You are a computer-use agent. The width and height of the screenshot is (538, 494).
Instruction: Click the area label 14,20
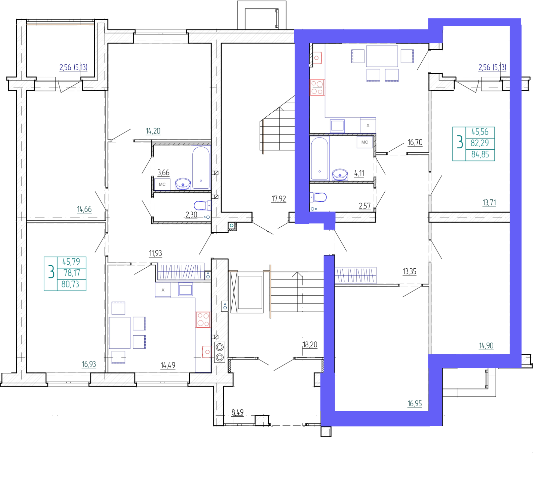point(153,131)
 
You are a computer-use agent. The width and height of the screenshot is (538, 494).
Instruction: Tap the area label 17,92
point(279,199)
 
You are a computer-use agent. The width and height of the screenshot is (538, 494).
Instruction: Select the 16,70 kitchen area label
point(415,142)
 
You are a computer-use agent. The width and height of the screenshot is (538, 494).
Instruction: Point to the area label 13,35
point(410,271)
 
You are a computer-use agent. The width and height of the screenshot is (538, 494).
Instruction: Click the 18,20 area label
point(310,345)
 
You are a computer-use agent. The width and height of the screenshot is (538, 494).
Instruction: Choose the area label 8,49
point(237,412)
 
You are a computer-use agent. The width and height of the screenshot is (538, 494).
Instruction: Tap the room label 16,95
point(415,404)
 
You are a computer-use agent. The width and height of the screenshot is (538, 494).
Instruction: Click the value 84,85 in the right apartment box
point(480,155)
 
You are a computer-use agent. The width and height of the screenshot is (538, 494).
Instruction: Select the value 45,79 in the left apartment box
point(71,262)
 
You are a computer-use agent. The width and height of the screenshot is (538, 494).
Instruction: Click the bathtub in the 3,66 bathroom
point(201,167)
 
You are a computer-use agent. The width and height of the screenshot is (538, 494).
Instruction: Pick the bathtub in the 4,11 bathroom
point(319,158)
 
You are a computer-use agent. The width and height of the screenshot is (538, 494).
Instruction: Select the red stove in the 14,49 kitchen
point(203,319)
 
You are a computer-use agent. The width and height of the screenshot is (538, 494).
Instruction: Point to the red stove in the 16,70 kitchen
point(317,87)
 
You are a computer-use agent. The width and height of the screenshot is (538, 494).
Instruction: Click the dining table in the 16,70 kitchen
point(382,56)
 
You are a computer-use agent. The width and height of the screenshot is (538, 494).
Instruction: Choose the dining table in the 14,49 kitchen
point(120,333)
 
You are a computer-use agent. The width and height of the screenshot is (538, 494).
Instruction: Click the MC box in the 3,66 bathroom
point(162,185)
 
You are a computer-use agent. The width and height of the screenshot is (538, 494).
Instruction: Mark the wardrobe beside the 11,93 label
point(181,271)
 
